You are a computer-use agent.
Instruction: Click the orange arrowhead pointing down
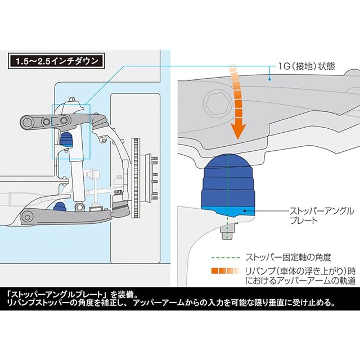point(239,132)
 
